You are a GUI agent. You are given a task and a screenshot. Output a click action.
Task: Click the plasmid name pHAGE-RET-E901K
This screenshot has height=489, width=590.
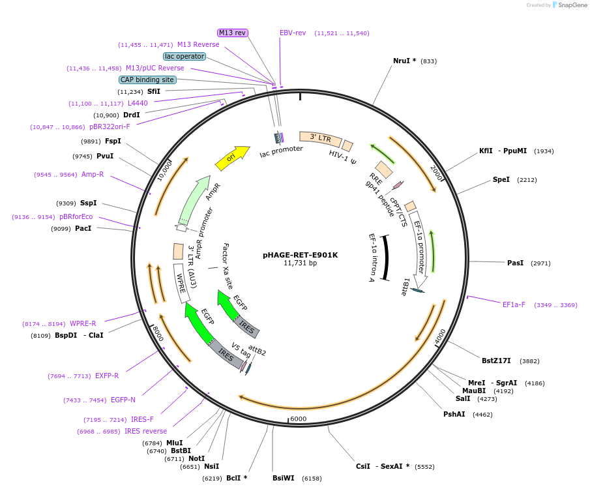point(300,255)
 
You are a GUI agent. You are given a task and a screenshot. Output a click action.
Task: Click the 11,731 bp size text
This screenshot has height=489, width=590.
point(300,263)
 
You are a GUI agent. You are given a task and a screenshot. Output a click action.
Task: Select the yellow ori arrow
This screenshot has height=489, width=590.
point(232,157)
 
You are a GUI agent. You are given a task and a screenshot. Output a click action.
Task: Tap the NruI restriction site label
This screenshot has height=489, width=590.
point(404,61)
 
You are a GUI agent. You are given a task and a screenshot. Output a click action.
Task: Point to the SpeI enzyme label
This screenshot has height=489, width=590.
point(501,179)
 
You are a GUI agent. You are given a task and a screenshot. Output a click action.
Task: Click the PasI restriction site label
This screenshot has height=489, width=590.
point(515,263)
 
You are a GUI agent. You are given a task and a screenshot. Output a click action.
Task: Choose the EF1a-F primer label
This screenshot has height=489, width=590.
point(514,304)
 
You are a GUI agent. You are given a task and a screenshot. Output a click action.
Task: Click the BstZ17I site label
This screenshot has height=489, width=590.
point(496,361)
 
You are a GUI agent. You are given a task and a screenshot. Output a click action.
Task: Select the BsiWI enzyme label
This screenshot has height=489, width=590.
point(284,478)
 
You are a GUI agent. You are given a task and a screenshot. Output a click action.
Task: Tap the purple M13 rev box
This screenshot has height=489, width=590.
point(233,33)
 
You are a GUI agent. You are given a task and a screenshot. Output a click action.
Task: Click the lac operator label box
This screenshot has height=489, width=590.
point(184,56)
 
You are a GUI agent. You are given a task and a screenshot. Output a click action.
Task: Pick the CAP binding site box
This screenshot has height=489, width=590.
point(147,80)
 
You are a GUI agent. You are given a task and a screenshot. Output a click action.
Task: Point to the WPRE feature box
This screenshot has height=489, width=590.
point(181,283)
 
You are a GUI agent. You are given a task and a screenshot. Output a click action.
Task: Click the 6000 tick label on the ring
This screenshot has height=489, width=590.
point(298,419)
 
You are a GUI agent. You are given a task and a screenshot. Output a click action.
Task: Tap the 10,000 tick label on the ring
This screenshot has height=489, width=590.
point(164,170)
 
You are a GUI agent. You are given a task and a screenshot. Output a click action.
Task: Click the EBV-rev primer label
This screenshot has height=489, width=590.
point(293,33)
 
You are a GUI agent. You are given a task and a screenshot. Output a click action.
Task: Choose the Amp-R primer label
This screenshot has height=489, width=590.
point(93,174)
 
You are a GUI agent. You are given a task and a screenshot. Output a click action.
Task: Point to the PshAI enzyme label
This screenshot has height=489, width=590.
point(454,414)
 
